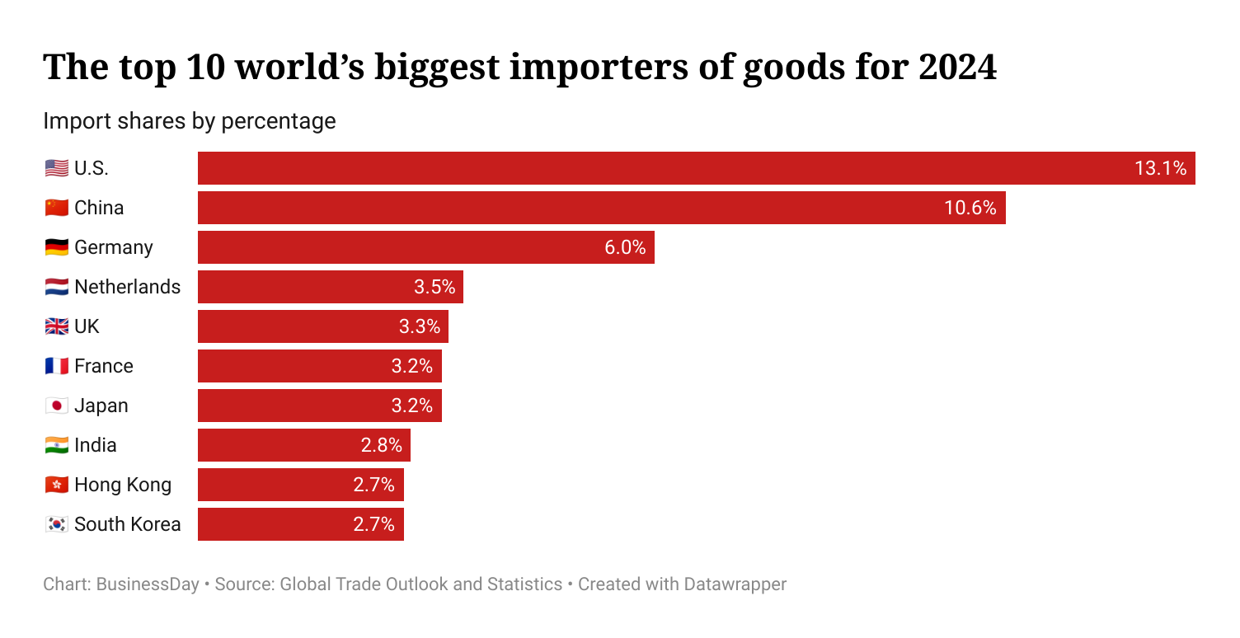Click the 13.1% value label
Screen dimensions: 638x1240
point(1160,168)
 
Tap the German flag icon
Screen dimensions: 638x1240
point(56,247)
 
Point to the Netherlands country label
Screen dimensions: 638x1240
point(127,287)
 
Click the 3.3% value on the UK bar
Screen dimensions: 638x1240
point(420,326)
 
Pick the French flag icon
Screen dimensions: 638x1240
point(56,366)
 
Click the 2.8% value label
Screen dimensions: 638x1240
point(381,445)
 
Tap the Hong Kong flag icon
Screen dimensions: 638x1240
point(56,485)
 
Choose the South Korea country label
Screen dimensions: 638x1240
point(127,524)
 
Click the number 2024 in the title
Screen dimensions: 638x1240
point(956,68)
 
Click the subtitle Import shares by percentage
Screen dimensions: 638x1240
point(190,121)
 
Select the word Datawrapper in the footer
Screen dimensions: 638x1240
point(735,584)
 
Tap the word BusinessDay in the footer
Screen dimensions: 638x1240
point(148,584)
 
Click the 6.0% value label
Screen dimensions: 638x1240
point(625,247)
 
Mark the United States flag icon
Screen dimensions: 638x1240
point(56,168)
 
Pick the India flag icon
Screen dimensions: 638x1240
point(56,445)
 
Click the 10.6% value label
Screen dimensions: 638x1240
point(970,208)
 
